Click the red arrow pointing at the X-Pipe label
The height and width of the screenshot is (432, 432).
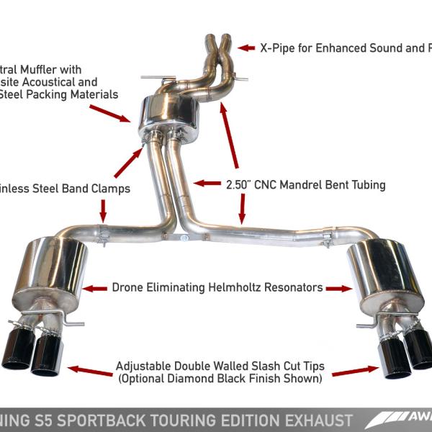[247, 48]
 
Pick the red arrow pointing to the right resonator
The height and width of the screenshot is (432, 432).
[338, 288]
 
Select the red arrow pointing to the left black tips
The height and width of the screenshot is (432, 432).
[89, 371]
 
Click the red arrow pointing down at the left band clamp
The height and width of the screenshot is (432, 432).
[103, 211]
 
